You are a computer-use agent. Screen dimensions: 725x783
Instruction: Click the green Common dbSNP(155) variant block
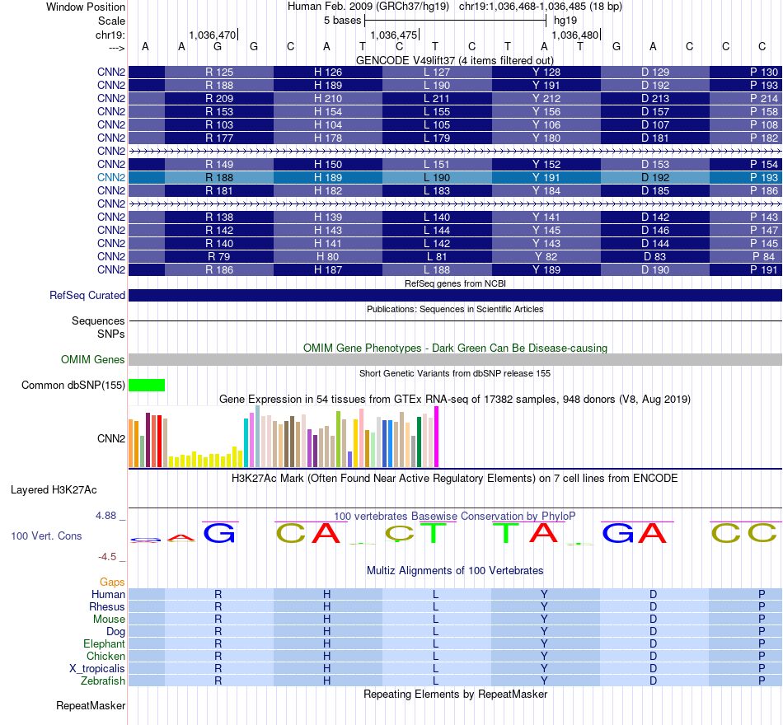(147, 385)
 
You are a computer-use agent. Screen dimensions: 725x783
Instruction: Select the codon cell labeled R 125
(219, 72)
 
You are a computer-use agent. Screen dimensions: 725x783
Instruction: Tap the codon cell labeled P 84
(764, 256)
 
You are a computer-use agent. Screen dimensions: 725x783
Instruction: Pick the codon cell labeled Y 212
(546, 99)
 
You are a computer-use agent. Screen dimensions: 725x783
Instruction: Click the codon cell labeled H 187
(327, 269)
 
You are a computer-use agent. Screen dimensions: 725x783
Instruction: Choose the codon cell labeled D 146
(655, 230)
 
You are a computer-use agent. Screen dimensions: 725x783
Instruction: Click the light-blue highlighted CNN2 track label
(111, 177)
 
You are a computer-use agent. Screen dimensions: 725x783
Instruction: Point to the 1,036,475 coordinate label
(395, 35)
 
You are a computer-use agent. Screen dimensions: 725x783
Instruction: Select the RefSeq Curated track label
(87, 295)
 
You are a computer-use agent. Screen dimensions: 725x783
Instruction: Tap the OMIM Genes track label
(93, 359)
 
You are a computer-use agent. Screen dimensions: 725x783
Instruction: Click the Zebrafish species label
(103, 681)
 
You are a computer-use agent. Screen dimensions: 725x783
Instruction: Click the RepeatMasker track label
(91, 706)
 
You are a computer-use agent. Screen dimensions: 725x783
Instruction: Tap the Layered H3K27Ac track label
(54, 489)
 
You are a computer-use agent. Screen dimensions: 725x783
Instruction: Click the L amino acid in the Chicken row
(436, 657)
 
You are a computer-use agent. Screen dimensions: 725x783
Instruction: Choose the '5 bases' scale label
(341, 20)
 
